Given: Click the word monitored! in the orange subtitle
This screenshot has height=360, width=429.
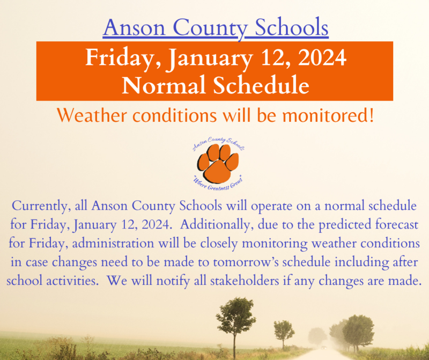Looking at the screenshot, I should point(322,115).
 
